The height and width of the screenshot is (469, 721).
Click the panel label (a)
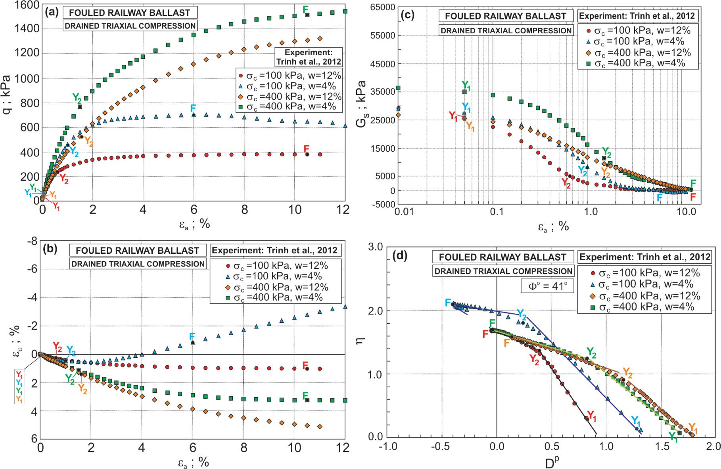[52, 12]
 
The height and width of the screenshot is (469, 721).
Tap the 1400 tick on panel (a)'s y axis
[27, 29]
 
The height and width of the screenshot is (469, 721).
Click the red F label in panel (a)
[307, 149]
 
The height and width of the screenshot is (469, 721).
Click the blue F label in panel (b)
[193, 336]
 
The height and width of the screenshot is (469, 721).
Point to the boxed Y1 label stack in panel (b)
[19, 386]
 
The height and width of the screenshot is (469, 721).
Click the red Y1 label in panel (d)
[592, 416]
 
